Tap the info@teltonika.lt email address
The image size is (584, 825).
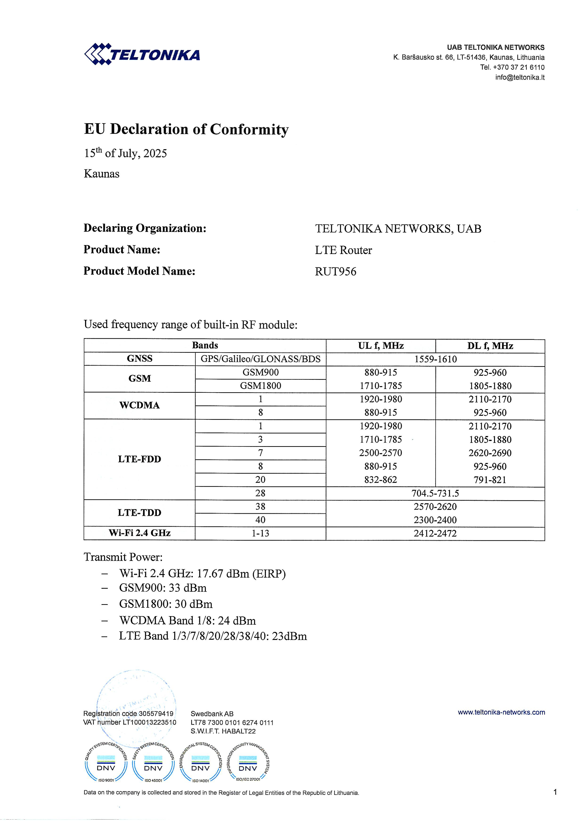520,77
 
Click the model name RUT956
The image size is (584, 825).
335,272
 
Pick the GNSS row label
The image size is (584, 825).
139,359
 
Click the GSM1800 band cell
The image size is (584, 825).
260,386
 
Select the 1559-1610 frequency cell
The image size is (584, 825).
435,359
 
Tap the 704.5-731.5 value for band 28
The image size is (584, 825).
435,493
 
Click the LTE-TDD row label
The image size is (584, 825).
139,513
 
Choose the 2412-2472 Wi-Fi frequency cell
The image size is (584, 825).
435,533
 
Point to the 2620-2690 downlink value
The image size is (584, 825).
490,453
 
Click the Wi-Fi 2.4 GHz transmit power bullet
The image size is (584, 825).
202,574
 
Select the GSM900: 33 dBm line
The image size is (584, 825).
163,588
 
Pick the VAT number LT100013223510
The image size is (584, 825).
130,722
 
